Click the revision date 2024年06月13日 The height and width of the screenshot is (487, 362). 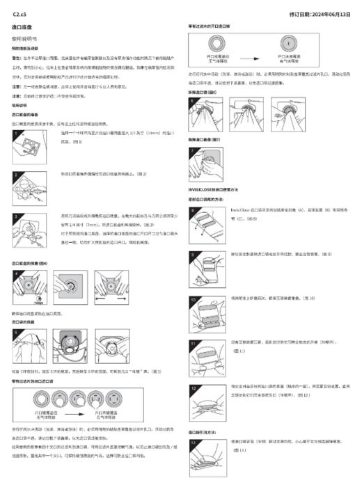coord(327,14)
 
